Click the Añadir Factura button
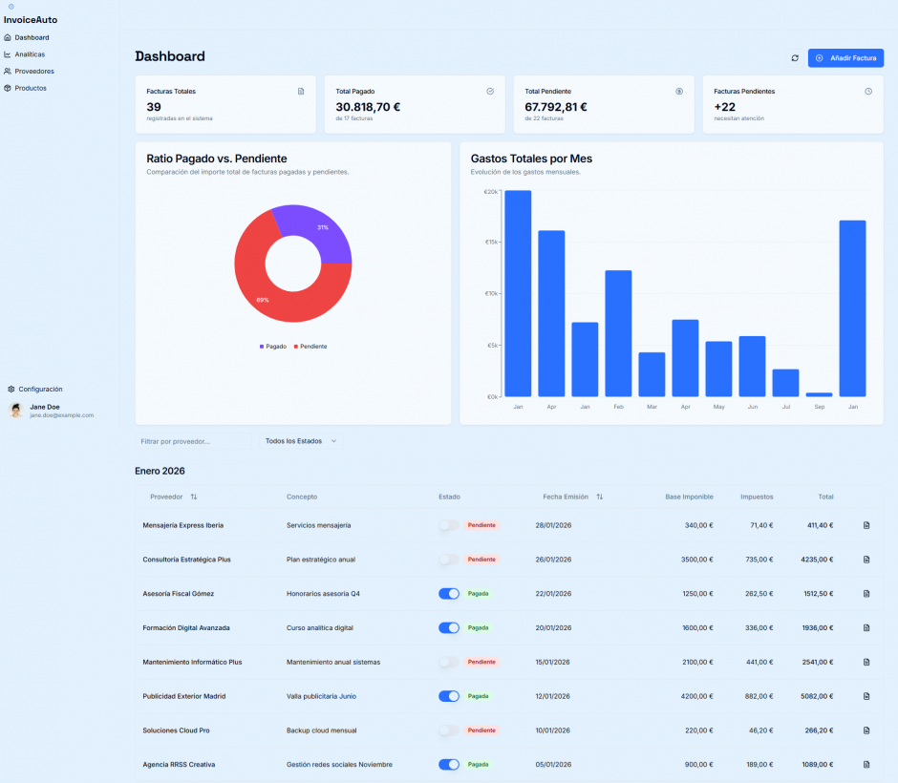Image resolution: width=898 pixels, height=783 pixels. coord(845,58)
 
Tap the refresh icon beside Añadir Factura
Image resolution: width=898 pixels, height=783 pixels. coord(794,58)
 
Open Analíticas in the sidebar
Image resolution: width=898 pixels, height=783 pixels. coord(30,54)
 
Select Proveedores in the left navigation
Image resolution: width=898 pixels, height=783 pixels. coord(34,72)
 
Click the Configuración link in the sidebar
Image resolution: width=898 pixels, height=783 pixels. coord(40,390)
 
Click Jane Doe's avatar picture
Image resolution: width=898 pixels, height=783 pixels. coord(16,411)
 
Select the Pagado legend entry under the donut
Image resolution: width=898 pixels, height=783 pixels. coord(273,347)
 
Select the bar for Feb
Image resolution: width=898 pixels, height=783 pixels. coord(618,333)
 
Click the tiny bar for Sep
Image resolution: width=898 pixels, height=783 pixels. coord(819,394)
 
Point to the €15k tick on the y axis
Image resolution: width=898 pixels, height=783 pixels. coord(490,243)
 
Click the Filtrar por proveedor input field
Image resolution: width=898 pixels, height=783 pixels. coord(193,441)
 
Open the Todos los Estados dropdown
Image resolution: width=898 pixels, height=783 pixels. coord(300,441)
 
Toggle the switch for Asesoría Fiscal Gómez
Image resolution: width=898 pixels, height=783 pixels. coord(448,594)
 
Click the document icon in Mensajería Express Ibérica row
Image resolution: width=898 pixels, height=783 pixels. coord(866,525)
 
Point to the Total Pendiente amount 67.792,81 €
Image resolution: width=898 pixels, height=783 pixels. coord(556,107)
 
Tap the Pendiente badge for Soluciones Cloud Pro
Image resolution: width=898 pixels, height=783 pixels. coord(481,730)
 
